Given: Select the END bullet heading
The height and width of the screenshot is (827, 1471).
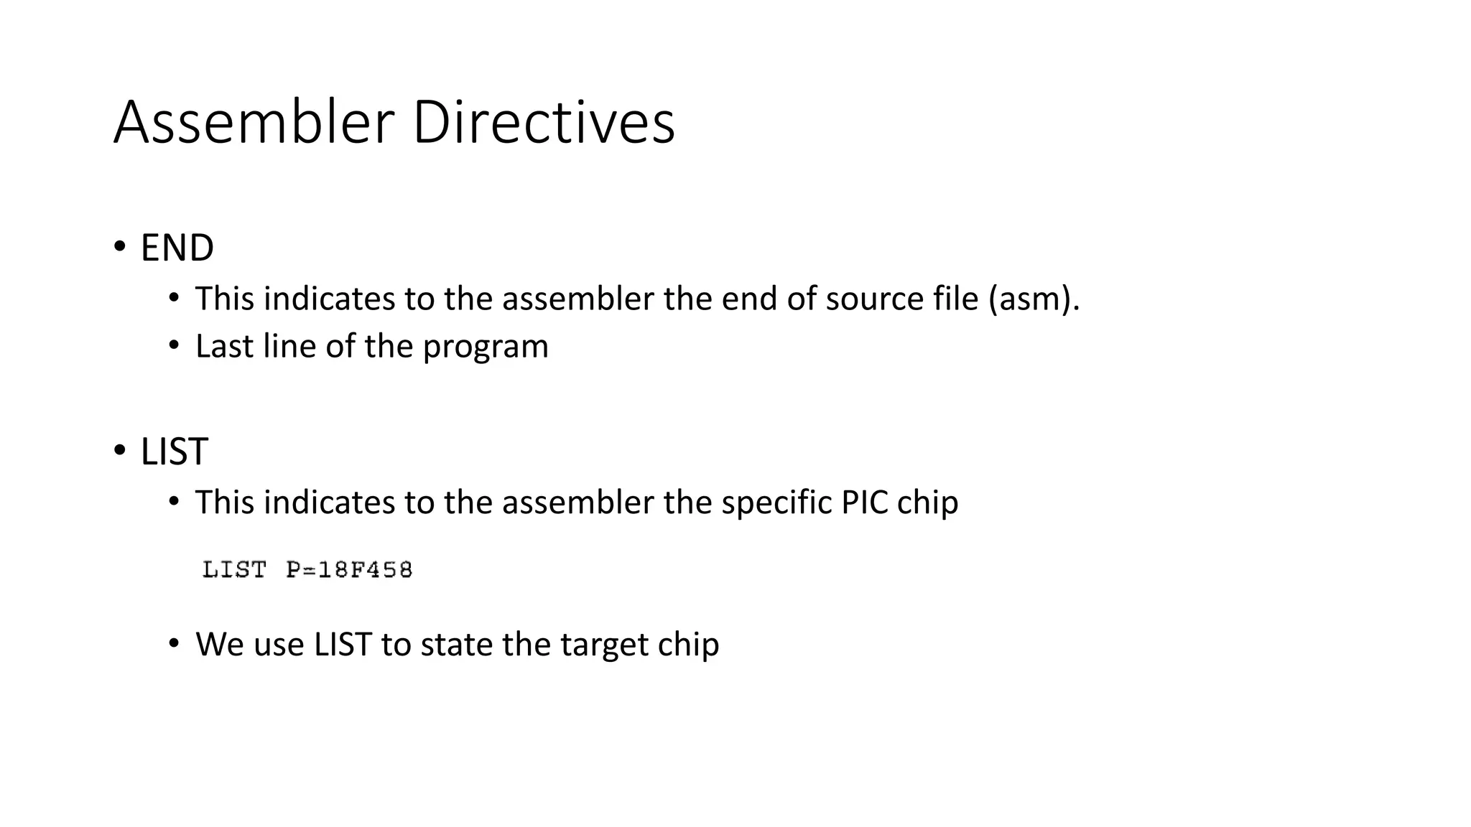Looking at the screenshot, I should (177, 248).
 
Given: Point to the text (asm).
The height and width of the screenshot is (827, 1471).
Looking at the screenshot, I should (1034, 299).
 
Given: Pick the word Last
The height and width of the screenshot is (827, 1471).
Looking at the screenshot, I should (224, 346).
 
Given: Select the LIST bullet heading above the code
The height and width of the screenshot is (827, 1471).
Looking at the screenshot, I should (174, 452).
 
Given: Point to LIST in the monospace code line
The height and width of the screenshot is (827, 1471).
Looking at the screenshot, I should (234, 570).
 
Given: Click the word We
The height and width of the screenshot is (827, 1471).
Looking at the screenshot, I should (219, 645).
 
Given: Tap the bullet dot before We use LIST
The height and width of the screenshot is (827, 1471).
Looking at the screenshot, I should (174, 643).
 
